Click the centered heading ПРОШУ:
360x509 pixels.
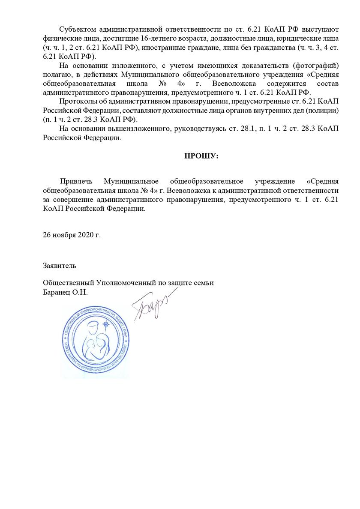pos(201,156)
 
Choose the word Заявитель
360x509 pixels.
pos(60,265)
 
